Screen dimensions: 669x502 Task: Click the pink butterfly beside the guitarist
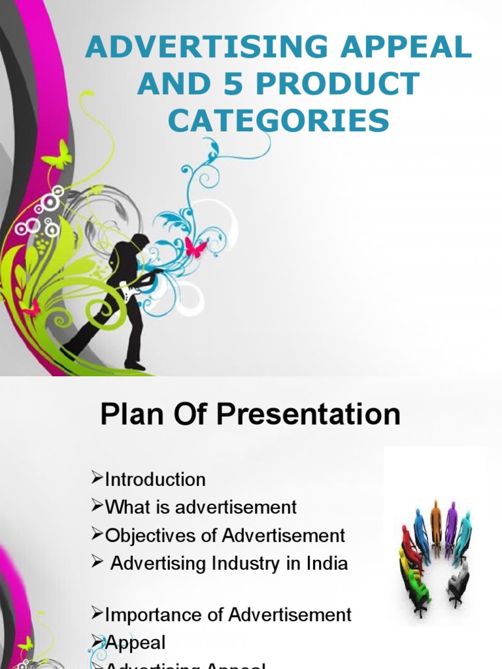pos(195,246)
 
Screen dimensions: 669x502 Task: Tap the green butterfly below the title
pos(57,155)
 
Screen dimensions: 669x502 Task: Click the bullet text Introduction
pos(155,480)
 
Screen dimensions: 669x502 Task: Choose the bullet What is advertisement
pos(201,506)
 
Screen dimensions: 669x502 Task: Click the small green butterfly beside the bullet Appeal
pos(25,644)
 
